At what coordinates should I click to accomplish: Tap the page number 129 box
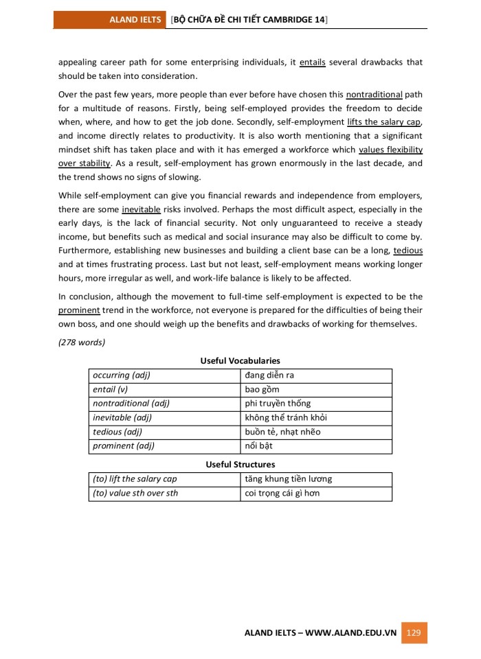[x=414, y=632]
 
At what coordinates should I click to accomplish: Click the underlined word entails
[x=313, y=62]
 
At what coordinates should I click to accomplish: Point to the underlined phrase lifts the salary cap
[x=385, y=122]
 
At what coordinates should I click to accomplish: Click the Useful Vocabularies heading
[x=240, y=360]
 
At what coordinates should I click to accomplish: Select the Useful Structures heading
[x=240, y=465]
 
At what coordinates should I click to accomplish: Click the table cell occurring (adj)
[x=122, y=375]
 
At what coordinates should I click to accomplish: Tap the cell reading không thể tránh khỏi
[x=286, y=417]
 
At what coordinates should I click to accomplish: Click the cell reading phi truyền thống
[x=278, y=403]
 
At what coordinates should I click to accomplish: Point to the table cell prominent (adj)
[x=124, y=446]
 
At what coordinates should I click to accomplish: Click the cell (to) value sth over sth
[x=135, y=493]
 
